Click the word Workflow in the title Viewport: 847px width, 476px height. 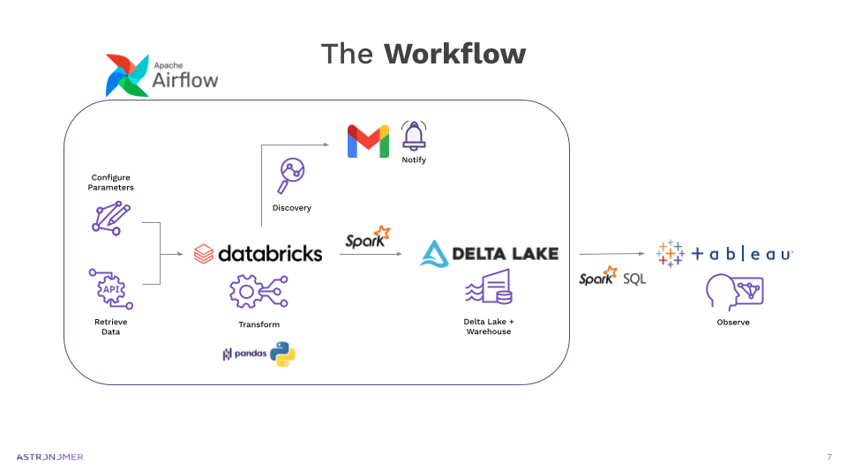coord(454,54)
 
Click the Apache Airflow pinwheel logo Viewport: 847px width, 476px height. coord(127,75)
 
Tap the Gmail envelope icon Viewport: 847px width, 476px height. coord(368,141)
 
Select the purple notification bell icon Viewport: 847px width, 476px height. coord(413,136)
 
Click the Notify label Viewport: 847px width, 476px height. coord(413,160)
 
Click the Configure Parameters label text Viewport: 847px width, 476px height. coord(110,182)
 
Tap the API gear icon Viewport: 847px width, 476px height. coord(111,289)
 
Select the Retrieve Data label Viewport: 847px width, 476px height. coord(110,327)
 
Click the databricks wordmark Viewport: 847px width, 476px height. coord(270,254)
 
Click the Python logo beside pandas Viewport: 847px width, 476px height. coord(282,354)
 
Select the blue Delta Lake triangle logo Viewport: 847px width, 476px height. coord(434,253)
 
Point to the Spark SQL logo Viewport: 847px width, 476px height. coord(611,278)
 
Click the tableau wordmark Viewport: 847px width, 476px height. coord(741,254)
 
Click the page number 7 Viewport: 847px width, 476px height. coord(828,457)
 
